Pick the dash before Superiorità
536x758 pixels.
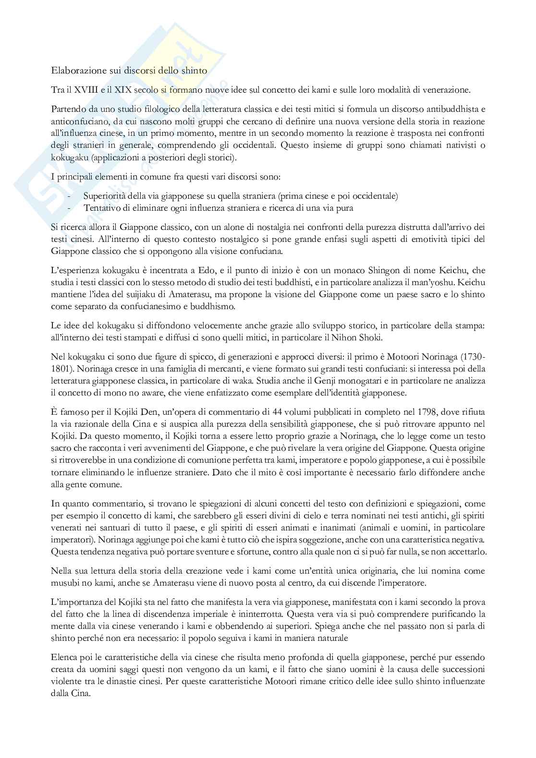click(69, 196)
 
